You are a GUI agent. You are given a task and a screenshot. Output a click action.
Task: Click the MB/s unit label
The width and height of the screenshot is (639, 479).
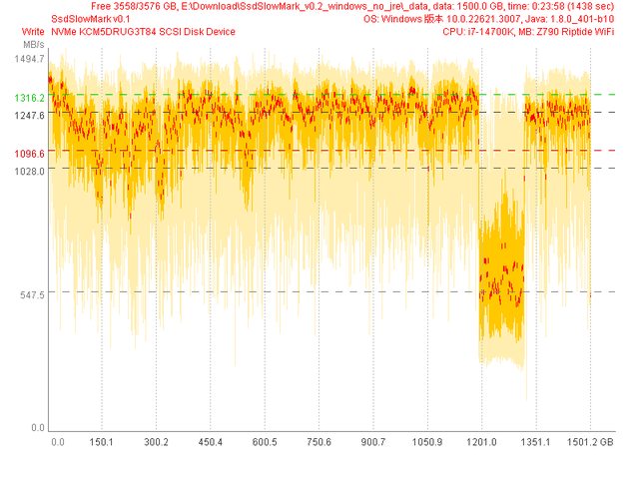pos(32,45)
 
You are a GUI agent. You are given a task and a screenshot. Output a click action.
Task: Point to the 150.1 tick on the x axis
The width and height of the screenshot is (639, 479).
pos(102,441)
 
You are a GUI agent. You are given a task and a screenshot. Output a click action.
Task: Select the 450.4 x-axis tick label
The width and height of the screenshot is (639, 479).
pos(211,441)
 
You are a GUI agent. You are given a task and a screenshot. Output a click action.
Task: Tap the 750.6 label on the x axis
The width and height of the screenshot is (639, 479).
pos(319,441)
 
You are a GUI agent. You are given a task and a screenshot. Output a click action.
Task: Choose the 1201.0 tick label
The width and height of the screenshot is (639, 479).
pos(481,441)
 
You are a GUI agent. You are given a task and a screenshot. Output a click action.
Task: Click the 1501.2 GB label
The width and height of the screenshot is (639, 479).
pos(591,441)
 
